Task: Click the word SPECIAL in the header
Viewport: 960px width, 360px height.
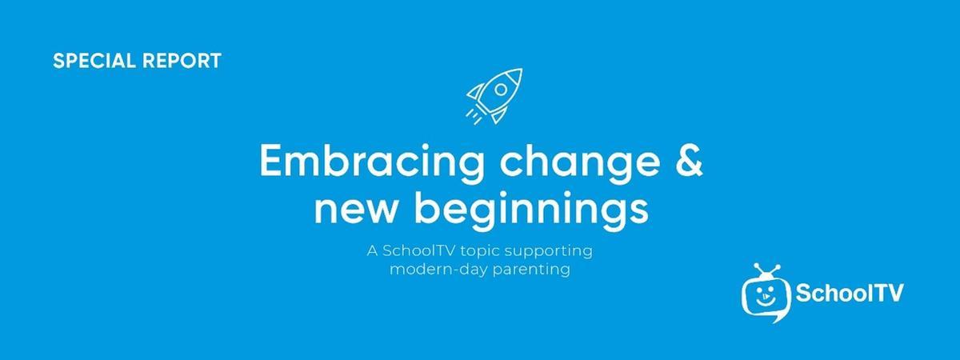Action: click(x=94, y=61)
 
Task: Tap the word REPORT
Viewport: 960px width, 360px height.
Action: click(x=182, y=61)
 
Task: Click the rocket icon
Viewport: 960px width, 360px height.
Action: click(x=494, y=96)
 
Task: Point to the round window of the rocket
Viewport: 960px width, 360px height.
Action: click(x=501, y=90)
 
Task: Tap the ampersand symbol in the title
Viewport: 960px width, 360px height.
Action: click(x=689, y=159)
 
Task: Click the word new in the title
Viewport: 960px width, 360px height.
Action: click(x=355, y=210)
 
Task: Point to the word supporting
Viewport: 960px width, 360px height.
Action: click(x=549, y=252)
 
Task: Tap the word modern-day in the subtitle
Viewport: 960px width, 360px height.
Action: click(x=438, y=270)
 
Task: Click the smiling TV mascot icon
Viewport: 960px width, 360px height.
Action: click(x=766, y=294)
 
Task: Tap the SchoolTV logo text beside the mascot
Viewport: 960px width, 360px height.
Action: click(x=850, y=293)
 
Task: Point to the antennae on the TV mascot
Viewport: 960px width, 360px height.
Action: click(x=766, y=271)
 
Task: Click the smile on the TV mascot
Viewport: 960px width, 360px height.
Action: click(x=765, y=302)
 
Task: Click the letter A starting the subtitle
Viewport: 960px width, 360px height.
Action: click(x=373, y=250)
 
